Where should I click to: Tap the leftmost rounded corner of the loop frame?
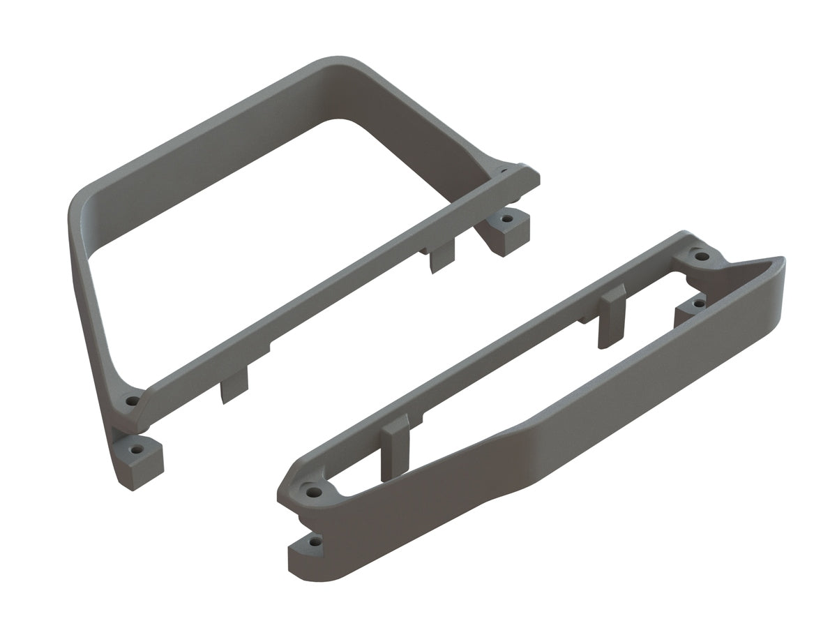pos(78,209)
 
